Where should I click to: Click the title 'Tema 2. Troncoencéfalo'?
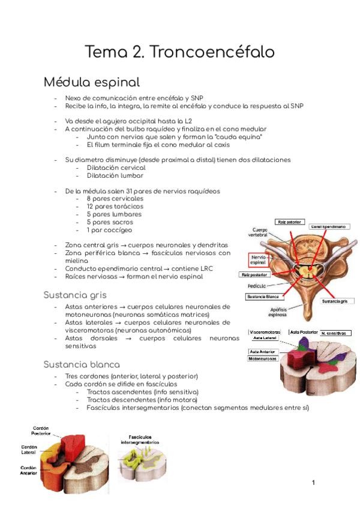[x=179, y=52]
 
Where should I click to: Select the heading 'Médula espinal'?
[x=92, y=82]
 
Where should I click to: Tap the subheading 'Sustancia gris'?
[x=77, y=295]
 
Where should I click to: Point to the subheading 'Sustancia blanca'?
[x=82, y=364]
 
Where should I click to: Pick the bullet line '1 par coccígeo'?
[x=109, y=230]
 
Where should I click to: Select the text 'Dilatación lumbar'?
[x=115, y=176]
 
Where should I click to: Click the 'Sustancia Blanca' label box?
[x=262, y=297]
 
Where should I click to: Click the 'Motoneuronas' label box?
[x=264, y=358]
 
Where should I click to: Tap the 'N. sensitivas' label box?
[x=335, y=333]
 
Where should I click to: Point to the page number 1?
[x=313, y=483]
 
